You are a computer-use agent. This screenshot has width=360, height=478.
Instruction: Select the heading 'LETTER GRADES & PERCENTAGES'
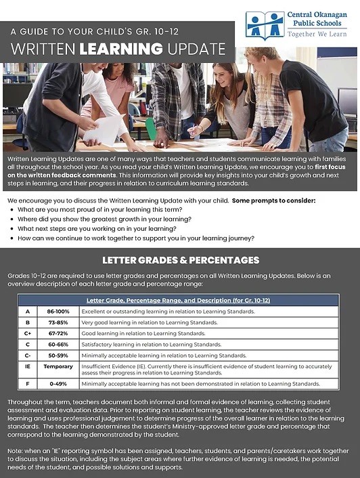click(180, 260)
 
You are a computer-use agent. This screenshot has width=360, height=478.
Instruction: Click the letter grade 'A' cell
click(28, 311)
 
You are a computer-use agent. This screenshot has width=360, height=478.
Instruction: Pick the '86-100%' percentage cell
click(58, 311)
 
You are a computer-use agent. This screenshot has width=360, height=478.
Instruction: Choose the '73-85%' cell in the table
click(58, 322)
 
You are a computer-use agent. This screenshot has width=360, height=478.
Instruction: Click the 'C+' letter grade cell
click(28, 333)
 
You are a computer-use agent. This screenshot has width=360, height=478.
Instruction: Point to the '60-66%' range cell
click(58, 345)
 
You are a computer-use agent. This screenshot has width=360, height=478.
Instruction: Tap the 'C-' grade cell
click(28, 355)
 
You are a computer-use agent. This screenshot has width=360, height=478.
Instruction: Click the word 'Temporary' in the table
click(58, 366)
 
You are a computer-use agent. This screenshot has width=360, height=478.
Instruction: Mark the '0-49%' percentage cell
click(58, 384)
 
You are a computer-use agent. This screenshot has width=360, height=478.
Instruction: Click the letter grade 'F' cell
click(28, 384)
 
